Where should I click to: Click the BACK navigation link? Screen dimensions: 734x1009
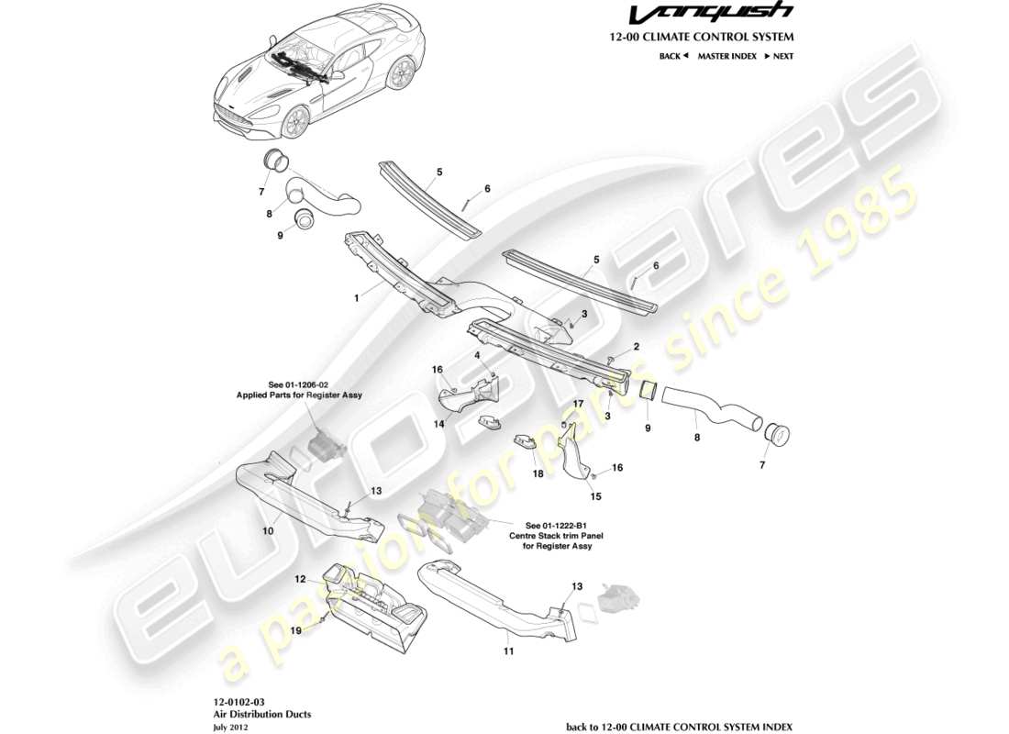(673, 56)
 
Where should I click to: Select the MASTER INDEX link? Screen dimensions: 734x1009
(726, 56)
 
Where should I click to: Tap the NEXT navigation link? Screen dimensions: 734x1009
(778, 56)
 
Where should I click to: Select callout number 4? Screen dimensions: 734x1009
(478, 353)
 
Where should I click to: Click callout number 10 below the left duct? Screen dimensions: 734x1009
(268, 528)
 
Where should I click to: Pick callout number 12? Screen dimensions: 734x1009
(299, 579)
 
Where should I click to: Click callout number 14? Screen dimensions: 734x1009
(438, 424)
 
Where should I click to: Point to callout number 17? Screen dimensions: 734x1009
(578, 403)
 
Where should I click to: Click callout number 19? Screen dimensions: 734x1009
(295, 630)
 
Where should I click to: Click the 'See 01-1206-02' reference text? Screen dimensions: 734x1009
(302, 384)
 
